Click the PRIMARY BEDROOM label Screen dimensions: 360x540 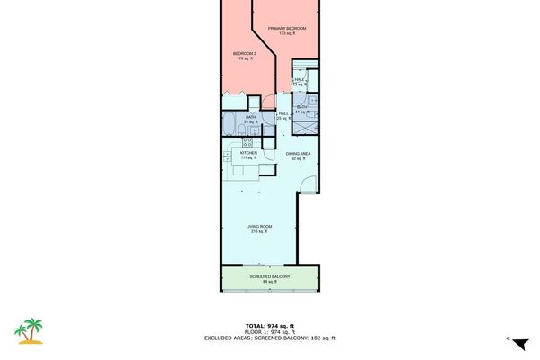pos(287,29)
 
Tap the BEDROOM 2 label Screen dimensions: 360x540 pos(245,54)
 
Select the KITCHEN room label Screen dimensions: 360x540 pos(248,153)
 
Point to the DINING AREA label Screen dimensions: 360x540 pos(299,154)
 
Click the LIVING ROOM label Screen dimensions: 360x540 pos(260,226)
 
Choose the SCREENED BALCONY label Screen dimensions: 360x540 pos(269,276)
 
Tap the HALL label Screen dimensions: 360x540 pos(283,113)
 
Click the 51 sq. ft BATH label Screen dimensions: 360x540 pos(250,117)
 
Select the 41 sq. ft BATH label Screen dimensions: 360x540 pos(302,108)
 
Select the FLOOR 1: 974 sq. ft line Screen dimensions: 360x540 pos(269,331)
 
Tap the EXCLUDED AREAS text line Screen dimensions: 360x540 pos(269,337)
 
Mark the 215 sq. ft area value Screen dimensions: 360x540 pos(260,232)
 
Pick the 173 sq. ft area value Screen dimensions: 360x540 pos(287,34)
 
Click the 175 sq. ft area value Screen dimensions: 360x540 pos(245,59)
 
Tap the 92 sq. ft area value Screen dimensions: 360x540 pos(299,159)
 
